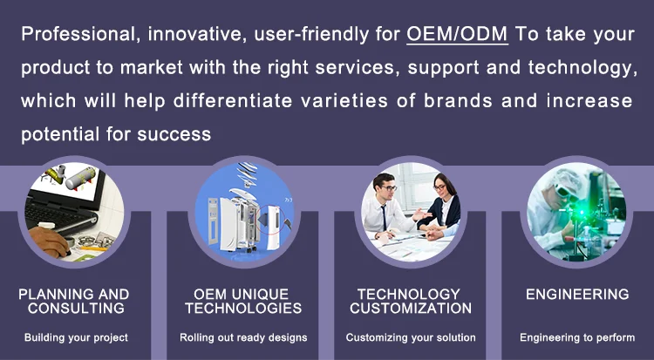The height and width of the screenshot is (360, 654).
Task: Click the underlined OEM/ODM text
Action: click(457, 34)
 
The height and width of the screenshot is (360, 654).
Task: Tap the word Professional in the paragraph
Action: click(78, 34)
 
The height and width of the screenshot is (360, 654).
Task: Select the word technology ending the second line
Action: click(582, 68)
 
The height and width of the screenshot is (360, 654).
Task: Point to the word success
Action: click(174, 134)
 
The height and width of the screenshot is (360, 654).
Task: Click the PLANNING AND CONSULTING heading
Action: click(74, 302)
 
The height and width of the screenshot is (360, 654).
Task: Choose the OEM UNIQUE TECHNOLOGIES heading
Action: click(243, 302)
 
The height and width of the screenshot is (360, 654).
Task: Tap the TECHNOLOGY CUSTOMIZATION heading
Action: click(411, 302)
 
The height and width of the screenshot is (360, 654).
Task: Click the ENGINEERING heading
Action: click(577, 294)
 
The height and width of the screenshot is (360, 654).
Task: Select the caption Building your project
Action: click(76, 337)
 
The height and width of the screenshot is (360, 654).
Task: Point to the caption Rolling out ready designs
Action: click(243, 337)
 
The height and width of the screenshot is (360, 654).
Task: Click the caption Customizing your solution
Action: click(411, 337)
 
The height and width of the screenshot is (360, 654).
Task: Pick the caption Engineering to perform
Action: click(577, 337)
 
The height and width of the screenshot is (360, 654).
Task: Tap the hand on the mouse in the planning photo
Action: click(48, 242)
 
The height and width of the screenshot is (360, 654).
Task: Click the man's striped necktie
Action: click(384, 217)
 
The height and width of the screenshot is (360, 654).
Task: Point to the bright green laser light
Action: click(581, 212)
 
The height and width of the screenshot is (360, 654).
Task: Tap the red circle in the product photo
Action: click(271, 222)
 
